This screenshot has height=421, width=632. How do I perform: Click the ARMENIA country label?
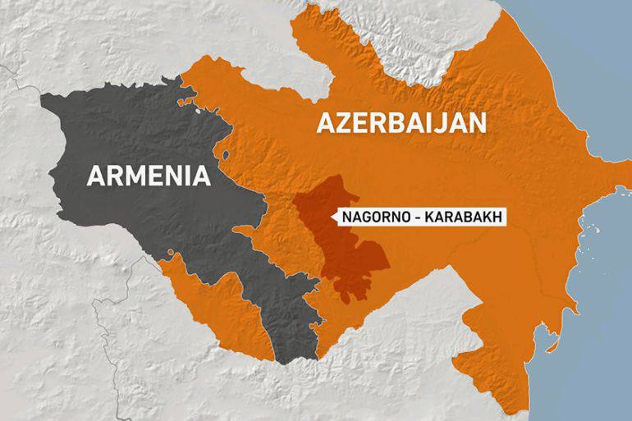pos(148,176)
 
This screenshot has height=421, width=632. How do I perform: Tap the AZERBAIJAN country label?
pos(401,123)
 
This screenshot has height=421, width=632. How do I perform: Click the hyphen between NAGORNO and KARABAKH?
pos(413,217)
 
